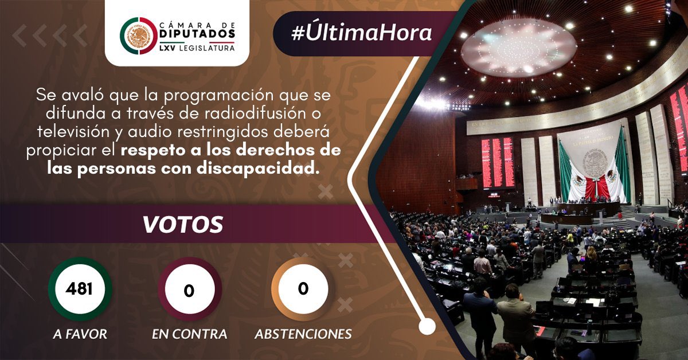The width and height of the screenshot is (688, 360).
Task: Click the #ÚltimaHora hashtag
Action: [361, 33]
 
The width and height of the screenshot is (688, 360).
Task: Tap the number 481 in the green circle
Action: [79, 289]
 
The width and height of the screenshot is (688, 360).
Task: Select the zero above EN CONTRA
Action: [189, 291]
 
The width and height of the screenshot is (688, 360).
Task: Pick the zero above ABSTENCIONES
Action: [303, 289]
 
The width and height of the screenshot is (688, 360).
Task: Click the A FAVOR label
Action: [80, 334]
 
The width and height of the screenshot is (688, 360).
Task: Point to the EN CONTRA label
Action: [189, 334]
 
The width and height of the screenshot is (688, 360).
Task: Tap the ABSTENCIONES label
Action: [303, 334]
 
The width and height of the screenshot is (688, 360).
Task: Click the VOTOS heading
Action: [182, 225]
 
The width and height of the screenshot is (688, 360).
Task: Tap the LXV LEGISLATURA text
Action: [197, 48]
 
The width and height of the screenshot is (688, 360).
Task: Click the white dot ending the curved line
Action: [427, 327]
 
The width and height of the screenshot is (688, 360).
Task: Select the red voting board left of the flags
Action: [498, 162]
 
